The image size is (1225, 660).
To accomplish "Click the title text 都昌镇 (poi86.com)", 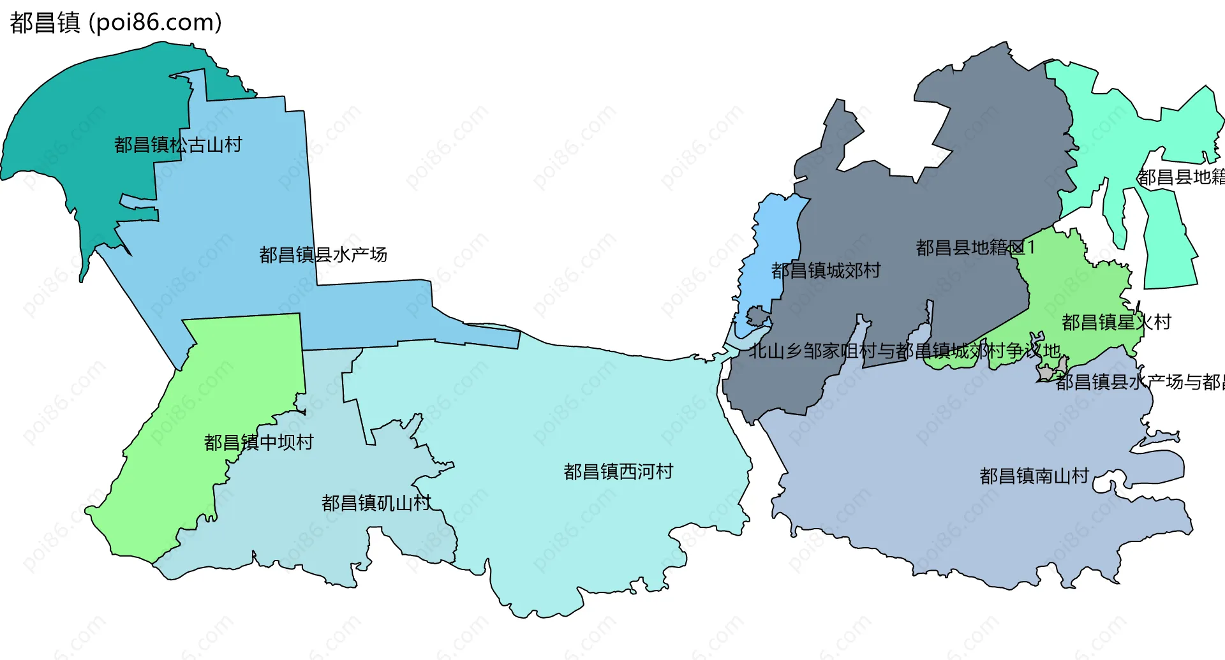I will [115, 22].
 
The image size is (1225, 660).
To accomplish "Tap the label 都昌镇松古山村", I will [178, 145].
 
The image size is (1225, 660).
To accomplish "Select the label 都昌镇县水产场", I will [323, 255].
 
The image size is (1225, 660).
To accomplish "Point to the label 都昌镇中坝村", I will [258, 443].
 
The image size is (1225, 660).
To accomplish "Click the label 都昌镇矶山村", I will [376, 503].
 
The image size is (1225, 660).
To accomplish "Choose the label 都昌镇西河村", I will [618, 472].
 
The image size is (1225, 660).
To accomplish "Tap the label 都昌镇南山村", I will [1034, 476].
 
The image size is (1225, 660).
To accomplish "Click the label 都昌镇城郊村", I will [826, 271].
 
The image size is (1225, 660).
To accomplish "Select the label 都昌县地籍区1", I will [975, 247].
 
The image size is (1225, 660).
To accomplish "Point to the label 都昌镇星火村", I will [1116, 322].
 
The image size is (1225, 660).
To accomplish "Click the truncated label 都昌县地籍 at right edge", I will [1180, 177].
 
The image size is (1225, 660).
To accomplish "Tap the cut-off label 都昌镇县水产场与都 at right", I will [1140, 382].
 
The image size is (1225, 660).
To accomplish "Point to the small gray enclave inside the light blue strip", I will [757, 316].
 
